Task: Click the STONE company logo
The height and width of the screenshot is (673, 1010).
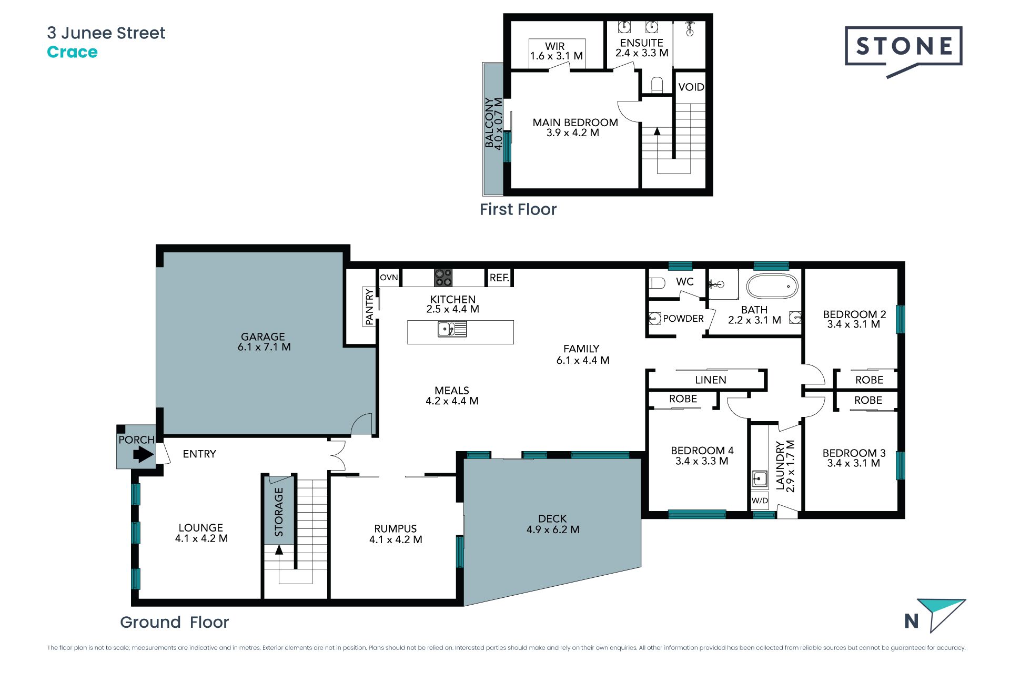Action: pos(903,52)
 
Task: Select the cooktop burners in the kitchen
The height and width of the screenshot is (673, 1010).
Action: pos(443,278)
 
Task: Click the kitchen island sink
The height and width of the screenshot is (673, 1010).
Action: pos(452,330)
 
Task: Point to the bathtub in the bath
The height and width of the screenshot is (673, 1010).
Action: pos(772,287)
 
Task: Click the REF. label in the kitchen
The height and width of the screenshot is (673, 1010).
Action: pos(499,278)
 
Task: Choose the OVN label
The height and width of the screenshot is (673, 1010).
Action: pos(389,278)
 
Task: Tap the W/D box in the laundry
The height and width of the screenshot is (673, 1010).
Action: pos(760,501)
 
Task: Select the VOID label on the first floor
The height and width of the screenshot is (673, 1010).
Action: pos(691,87)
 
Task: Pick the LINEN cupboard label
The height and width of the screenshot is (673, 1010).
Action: pos(710,380)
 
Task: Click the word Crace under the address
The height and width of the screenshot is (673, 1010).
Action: pos(72,52)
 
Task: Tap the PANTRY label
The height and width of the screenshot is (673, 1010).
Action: pos(369,307)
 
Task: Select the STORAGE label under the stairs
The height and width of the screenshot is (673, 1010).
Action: pos(279,512)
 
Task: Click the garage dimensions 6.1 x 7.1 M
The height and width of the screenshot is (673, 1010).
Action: pos(264,347)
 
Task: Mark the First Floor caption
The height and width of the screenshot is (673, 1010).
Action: pos(518,209)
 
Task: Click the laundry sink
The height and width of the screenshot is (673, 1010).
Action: pos(759,479)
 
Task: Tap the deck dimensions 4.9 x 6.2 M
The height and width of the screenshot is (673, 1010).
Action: pos(553,530)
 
